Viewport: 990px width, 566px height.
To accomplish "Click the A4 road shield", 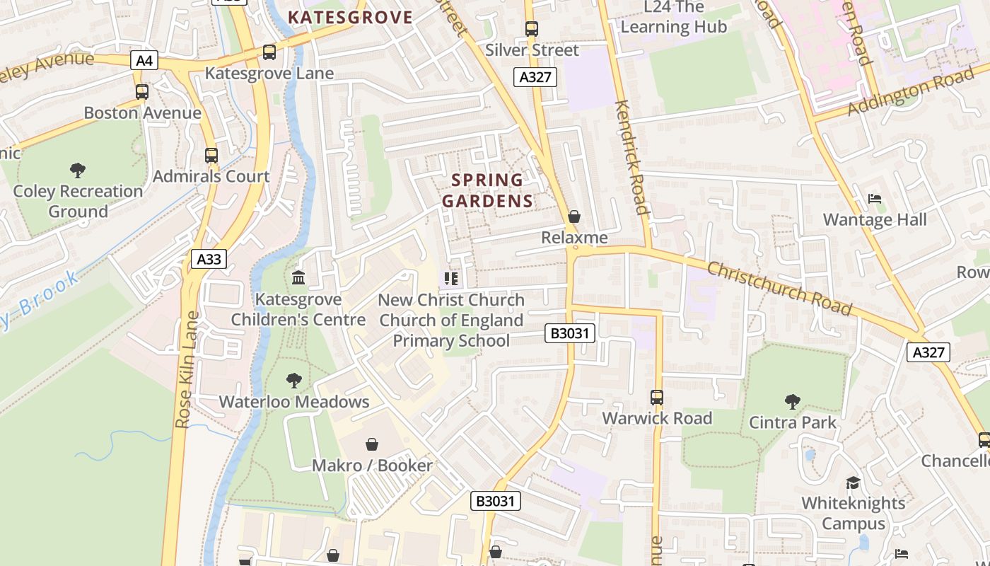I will coord(144,61).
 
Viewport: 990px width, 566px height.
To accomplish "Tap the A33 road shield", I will coord(209,259).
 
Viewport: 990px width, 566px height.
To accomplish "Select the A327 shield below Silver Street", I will coord(535,77).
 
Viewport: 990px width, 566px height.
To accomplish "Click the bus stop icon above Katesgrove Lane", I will coord(269,52).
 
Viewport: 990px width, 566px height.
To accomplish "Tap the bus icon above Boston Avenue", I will coord(142,92).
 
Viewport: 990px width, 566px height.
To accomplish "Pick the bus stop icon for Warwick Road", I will coord(657,398).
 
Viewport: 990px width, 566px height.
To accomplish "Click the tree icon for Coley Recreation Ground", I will coord(78,171).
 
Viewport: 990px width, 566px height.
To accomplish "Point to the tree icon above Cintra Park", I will coord(792,402).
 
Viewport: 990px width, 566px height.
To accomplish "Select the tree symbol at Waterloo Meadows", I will coord(294,381).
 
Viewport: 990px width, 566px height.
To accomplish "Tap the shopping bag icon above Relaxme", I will coord(574,216).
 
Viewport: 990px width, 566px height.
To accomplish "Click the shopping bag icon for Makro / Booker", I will coord(372,444).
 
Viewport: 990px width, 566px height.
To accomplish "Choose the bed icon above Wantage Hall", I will coord(875,200).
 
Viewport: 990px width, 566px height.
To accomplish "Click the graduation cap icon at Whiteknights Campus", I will coord(853,483).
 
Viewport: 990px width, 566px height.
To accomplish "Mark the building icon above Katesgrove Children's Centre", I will coord(298,278).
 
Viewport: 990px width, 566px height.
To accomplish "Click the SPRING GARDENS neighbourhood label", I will coord(487,190).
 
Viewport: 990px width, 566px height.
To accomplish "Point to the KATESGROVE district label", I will coord(350,17).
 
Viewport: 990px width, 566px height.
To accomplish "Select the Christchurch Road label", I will coord(779,288).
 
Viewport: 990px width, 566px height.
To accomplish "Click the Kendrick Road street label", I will coord(631,157).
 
